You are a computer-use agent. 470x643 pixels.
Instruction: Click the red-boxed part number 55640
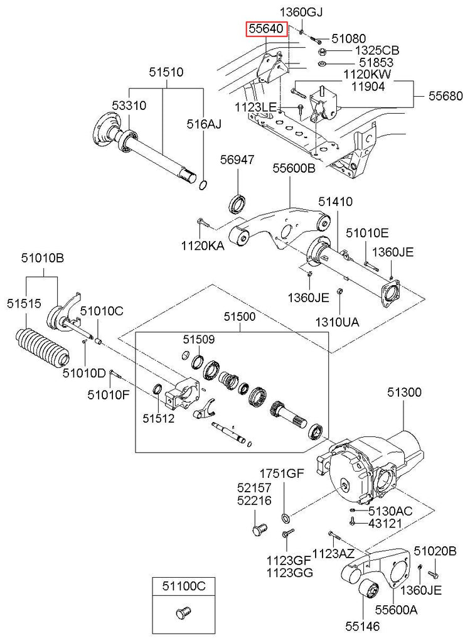pyautogui.click(x=266, y=29)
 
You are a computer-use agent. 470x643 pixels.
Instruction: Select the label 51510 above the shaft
pyautogui.click(x=166, y=73)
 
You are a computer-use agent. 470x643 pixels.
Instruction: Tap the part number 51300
pyautogui.click(x=404, y=392)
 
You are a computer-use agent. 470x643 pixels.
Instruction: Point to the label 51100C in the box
pyautogui.click(x=183, y=586)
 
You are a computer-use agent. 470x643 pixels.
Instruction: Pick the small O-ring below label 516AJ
pyautogui.click(x=203, y=185)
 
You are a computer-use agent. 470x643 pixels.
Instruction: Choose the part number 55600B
pyautogui.click(x=294, y=168)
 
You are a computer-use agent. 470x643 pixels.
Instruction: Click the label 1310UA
pyautogui.click(x=337, y=321)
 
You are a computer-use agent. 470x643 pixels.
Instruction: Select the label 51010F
pyautogui.click(x=108, y=394)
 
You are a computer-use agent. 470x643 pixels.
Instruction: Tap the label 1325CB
pyautogui.click(x=377, y=50)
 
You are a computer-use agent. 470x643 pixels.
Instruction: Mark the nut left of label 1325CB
pyautogui.click(x=322, y=51)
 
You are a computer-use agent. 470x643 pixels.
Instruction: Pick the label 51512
pyautogui.click(x=159, y=418)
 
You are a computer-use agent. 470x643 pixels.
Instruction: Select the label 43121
pyautogui.click(x=385, y=524)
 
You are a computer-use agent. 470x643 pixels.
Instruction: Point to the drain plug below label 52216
pyautogui.click(x=259, y=529)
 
